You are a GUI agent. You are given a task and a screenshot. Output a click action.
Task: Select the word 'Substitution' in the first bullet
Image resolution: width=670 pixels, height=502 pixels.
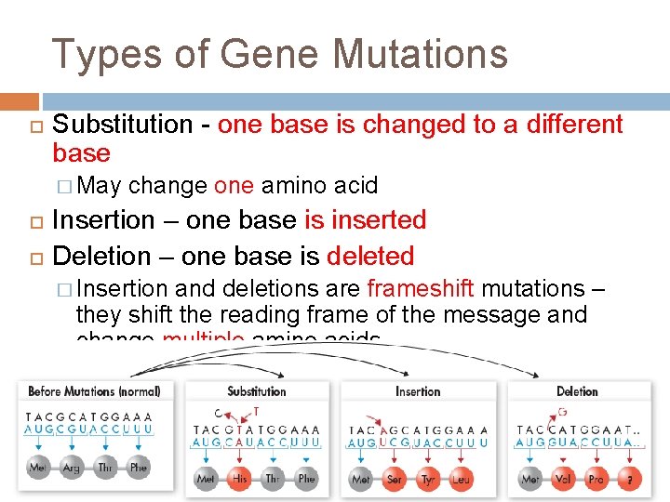pos(123,124)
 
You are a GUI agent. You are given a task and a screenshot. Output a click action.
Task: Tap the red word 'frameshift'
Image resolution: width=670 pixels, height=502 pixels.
pos(421,289)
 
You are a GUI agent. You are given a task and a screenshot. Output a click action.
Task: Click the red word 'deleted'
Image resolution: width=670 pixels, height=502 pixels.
pos(369,256)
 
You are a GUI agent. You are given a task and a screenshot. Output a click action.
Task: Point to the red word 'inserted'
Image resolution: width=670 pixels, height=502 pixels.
pos(365,220)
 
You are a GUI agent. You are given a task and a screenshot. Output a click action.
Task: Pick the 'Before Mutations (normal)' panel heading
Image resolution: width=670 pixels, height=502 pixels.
pos(94,391)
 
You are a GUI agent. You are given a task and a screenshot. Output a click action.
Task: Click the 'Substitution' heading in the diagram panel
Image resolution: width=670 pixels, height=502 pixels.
pos(256,391)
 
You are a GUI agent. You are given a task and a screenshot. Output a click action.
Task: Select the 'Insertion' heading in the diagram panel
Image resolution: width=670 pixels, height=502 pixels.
pos(418,391)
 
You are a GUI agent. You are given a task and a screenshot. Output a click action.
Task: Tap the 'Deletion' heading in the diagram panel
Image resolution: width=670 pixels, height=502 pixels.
pos(577,391)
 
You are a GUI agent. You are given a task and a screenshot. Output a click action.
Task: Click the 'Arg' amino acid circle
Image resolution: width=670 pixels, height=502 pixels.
pos(71,468)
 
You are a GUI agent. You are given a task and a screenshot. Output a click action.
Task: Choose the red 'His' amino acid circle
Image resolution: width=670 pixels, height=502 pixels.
pos(239,479)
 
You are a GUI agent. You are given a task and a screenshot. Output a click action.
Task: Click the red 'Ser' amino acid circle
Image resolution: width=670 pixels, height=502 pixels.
pos(395,479)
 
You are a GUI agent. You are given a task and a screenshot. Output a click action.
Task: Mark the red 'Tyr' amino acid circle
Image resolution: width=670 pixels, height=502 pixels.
pos(428,479)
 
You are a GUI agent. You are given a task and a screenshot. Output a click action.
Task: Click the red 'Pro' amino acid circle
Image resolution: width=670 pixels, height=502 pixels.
pos(597,479)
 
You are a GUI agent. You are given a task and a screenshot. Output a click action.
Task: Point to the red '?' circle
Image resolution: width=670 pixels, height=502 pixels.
pos(632,479)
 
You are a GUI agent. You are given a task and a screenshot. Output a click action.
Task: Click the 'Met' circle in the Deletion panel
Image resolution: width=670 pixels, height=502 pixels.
pos(530,479)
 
